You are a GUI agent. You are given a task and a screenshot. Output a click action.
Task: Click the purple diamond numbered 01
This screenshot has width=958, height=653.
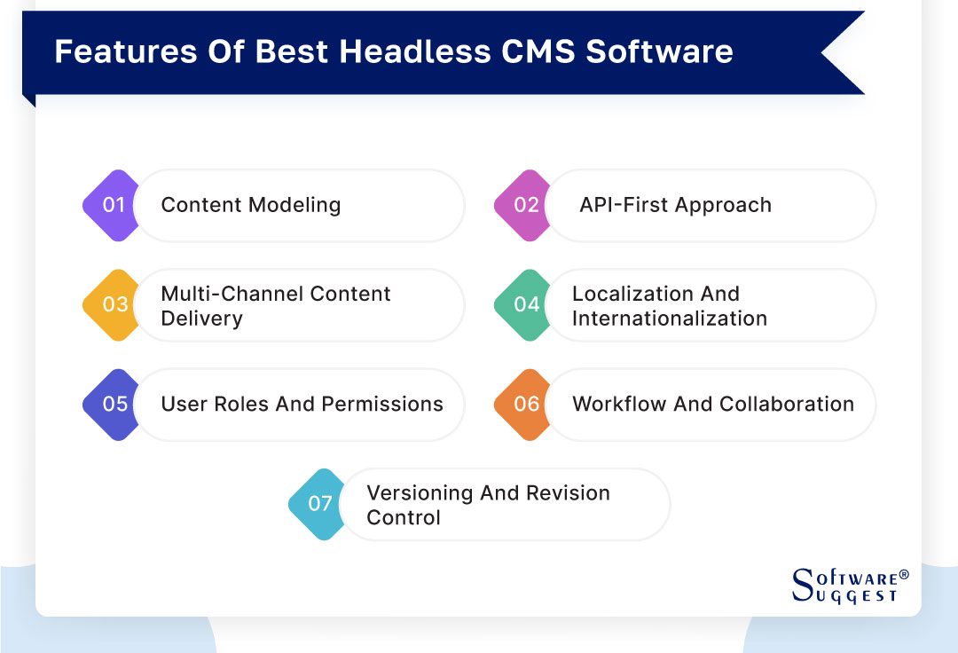pyautogui.click(x=114, y=205)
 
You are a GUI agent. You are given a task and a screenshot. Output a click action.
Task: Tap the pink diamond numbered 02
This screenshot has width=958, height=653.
pyautogui.click(x=526, y=205)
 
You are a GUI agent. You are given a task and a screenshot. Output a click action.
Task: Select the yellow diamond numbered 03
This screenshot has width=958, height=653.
pyautogui.click(x=115, y=304)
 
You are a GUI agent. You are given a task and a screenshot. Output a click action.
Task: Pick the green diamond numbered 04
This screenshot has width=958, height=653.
pyautogui.click(x=526, y=304)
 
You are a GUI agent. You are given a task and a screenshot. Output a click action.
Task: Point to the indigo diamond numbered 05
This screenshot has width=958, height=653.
pyautogui.click(x=115, y=404)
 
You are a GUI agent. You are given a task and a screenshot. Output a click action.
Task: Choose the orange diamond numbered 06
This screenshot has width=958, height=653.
pyautogui.click(x=526, y=404)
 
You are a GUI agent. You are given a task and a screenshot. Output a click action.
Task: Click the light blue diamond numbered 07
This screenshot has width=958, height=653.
pyautogui.click(x=320, y=503)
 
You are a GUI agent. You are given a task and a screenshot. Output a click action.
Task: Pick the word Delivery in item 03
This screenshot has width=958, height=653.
pyautogui.click(x=201, y=318)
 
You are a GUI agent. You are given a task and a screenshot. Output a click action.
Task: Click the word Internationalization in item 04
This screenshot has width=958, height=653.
pyautogui.click(x=669, y=318)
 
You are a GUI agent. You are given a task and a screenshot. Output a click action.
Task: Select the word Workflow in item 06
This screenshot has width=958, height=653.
pyautogui.click(x=616, y=404)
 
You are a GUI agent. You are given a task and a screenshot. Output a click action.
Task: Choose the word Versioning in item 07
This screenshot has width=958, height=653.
pyautogui.click(x=420, y=492)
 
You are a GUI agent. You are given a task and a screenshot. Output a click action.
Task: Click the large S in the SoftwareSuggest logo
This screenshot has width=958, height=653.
pyautogui.click(x=801, y=582)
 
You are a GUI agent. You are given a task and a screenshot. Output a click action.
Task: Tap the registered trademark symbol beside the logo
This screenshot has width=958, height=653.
pyautogui.click(x=904, y=575)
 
